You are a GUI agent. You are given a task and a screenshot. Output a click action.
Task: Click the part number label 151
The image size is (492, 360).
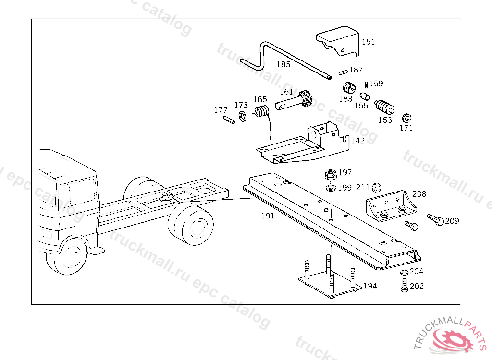(368, 42)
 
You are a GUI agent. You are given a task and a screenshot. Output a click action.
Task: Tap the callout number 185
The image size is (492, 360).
(283, 64)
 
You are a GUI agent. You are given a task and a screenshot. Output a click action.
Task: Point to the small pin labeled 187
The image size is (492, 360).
(343, 72)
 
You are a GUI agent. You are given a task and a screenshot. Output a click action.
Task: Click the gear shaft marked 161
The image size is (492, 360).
(294, 100)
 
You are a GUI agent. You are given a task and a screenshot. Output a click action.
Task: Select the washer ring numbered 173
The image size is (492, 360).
(243, 116)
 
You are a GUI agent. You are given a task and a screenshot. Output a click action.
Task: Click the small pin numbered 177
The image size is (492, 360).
(229, 120)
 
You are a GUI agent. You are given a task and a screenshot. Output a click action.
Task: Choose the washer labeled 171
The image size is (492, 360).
(406, 118)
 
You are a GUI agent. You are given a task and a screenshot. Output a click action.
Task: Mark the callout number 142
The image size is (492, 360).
(357, 140)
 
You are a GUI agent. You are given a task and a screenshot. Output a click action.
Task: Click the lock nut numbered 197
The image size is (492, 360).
(331, 174)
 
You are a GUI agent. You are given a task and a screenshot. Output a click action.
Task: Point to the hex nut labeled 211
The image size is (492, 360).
(376, 188)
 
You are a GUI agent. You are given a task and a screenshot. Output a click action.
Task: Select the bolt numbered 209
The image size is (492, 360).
(435, 219)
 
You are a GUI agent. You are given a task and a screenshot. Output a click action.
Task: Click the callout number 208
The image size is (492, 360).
(419, 194)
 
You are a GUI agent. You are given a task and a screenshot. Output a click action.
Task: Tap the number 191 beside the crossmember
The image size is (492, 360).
(268, 216)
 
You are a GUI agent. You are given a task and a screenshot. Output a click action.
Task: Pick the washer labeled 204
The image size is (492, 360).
(404, 272)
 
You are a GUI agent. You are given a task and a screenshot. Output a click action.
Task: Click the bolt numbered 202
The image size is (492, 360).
(405, 286)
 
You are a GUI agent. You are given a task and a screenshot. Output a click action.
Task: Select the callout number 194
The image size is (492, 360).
(370, 286)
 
